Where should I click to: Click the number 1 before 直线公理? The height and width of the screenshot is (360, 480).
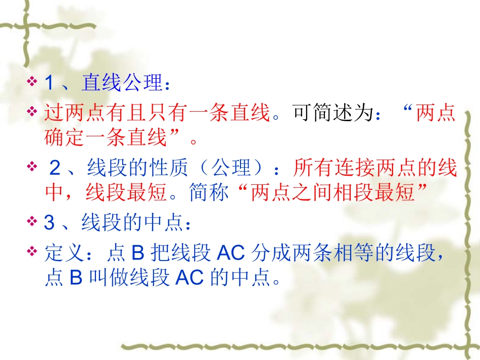click(49, 83)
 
